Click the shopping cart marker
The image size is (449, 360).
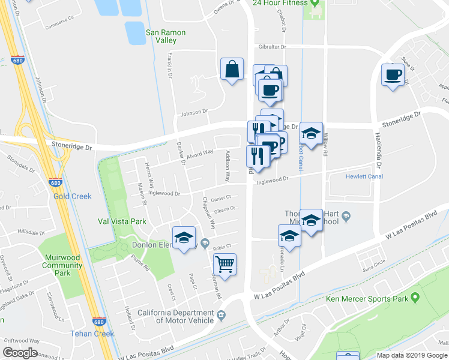[224, 264]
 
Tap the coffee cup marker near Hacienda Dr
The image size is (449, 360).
[393, 75]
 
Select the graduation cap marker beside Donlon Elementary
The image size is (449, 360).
[184, 237]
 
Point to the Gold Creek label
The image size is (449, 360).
[73, 196]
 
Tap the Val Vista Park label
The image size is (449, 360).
[122, 221]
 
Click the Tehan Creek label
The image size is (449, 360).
[92, 334]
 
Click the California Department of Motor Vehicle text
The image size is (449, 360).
[176, 316]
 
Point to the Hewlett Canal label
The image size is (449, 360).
[364, 176]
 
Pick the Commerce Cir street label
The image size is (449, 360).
[62, 26]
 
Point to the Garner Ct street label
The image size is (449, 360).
[221, 198]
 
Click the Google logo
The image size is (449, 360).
[20, 353]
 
